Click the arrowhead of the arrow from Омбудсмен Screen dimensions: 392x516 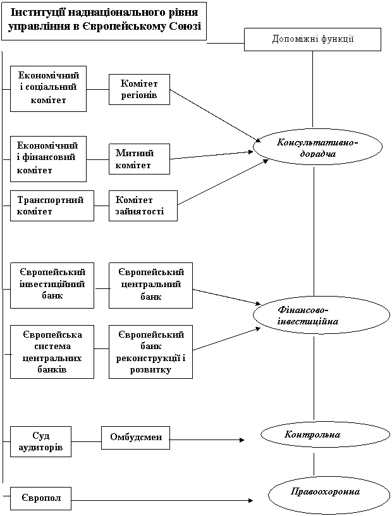coord(242,440)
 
